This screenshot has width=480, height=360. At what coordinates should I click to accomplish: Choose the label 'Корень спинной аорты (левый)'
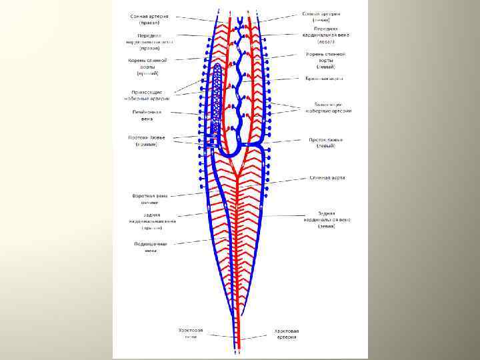(x=325, y=60)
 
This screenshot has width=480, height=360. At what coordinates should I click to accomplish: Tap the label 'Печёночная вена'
(x=147, y=115)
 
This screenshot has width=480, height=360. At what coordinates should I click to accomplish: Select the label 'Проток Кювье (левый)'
(x=325, y=143)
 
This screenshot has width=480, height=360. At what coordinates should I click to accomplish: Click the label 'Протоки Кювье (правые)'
(x=146, y=141)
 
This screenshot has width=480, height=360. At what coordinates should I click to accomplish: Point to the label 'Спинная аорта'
(x=327, y=178)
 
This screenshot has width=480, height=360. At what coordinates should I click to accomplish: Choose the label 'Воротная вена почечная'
(x=149, y=199)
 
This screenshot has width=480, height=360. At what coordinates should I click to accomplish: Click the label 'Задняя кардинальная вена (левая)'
(x=326, y=219)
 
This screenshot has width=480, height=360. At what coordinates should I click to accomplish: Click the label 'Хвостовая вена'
(x=190, y=333)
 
